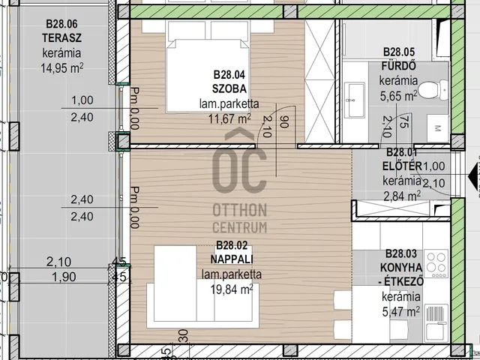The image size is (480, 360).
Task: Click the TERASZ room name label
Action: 61,38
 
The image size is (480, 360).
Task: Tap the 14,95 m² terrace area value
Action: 62,68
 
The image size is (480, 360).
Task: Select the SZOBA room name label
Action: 229,88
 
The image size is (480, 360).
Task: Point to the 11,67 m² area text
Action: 229,118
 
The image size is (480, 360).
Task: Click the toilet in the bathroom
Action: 433,90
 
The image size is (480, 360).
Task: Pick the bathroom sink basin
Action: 355,100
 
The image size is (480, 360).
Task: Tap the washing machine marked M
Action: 438,128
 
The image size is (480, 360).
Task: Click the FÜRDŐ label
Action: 398,66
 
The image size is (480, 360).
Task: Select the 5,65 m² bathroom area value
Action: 398,96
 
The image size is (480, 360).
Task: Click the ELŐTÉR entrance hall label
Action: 402,166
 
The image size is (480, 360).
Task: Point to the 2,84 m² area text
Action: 402,196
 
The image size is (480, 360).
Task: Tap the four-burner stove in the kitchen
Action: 436,263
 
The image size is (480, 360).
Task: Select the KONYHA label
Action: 401,268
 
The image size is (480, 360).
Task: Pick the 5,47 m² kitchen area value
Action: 401,312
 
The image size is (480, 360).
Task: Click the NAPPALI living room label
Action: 232,259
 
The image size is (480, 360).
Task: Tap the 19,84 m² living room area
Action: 232,289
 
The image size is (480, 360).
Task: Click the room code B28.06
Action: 61,23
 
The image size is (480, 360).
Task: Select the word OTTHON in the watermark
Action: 240,211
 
